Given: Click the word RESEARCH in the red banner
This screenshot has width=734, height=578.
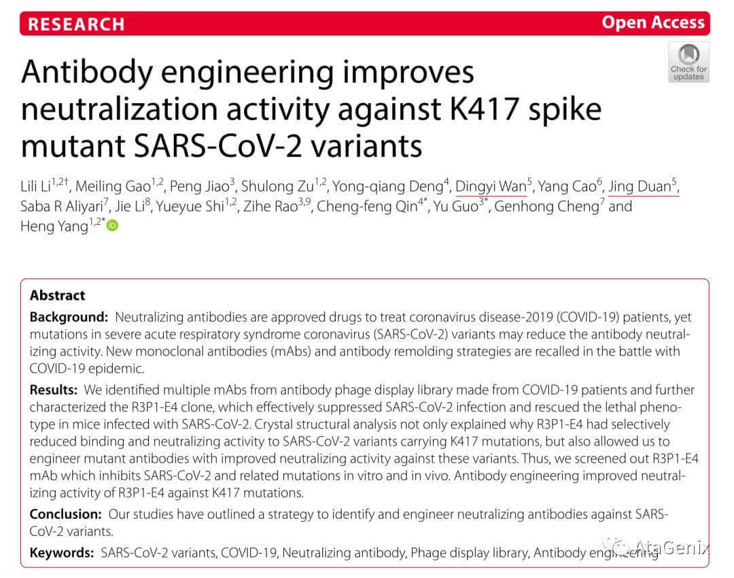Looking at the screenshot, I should [76, 24].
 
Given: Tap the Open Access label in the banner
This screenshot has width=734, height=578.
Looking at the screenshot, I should [652, 22].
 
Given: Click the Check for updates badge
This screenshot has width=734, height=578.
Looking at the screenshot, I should [688, 62].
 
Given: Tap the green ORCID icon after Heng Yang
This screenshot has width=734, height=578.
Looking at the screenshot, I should [113, 225].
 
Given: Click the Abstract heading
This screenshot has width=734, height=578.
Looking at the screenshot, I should [58, 295].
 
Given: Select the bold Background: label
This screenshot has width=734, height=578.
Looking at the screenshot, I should [69, 317].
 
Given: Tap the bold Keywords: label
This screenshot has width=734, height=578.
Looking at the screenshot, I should [62, 553].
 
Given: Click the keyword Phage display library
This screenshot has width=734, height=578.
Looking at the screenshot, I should [469, 553].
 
